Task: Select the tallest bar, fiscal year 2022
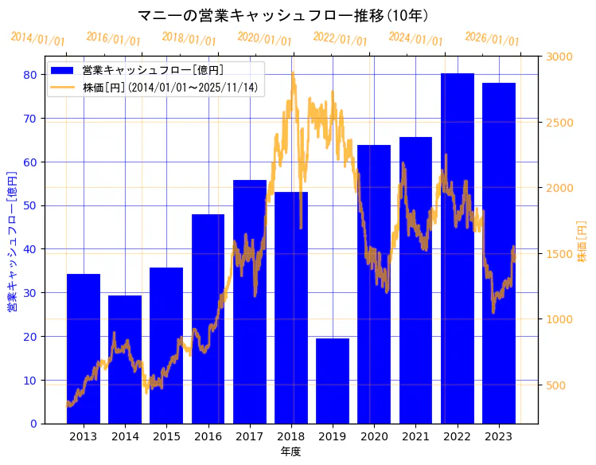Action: pos(458,248)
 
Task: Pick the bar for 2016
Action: pos(208,318)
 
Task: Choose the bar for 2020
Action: pos(374,283)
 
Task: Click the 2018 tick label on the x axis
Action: pos(291,436)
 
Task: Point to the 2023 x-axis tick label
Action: pos(499,436)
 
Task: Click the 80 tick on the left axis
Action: pos(29,75)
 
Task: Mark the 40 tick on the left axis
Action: pos(29,249)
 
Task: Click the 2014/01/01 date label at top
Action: pos(37,39)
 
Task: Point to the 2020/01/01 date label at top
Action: pos(264,39)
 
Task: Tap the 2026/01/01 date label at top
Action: pos(492,39)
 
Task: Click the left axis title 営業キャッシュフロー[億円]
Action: pos(12,240)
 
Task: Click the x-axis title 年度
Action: pos(290,451)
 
